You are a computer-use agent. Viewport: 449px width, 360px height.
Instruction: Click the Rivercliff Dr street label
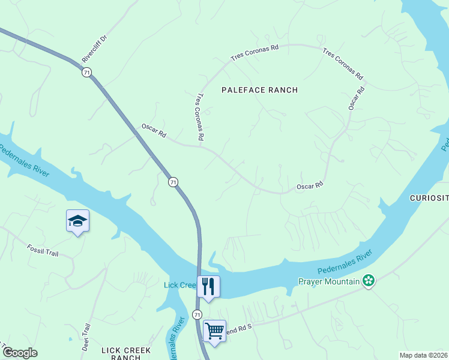pos(94,49)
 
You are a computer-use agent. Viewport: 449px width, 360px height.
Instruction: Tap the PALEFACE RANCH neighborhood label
pos(259,90)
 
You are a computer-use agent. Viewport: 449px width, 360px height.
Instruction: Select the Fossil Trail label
pos(42,250)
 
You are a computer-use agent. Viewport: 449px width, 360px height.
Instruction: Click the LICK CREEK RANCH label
pos(126,353)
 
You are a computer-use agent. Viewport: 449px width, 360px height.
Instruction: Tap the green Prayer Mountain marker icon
pos(369,281)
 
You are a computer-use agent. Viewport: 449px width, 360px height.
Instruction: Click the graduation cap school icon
pos(77,221)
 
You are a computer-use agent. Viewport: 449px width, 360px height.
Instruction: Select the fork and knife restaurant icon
pos(208,287)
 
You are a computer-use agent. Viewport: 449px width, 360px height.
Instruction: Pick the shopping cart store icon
pos(214,331)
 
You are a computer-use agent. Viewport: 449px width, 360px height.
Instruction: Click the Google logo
pos(20,353)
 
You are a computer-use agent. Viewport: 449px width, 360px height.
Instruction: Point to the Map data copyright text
pos(424,355)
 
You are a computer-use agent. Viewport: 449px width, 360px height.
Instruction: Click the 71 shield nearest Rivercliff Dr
pos(87,72)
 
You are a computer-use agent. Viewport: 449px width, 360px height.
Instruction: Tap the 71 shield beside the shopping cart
pos(197,314)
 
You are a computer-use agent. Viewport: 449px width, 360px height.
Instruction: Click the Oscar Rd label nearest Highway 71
pos(154,131)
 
